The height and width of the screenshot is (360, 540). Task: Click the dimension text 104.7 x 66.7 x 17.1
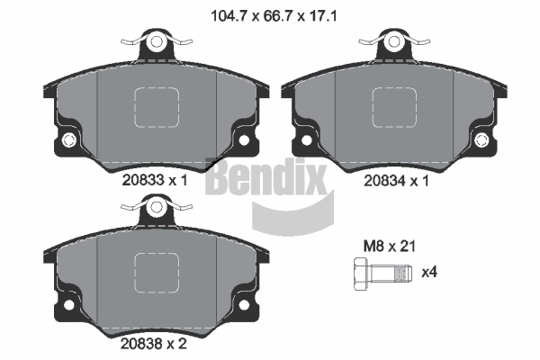[274, 16]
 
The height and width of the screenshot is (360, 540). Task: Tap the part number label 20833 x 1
[155, 180]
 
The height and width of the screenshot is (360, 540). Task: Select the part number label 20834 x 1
[396, 181]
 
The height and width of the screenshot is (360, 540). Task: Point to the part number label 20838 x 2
[154, 344]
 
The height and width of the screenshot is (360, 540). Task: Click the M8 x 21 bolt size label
[390, 247]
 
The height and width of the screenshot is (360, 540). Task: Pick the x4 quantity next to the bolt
[429, 273]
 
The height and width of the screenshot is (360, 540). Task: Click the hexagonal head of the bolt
[361, 274]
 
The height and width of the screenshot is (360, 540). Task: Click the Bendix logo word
[265, 179]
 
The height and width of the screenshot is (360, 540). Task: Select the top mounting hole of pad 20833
[157, 41]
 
